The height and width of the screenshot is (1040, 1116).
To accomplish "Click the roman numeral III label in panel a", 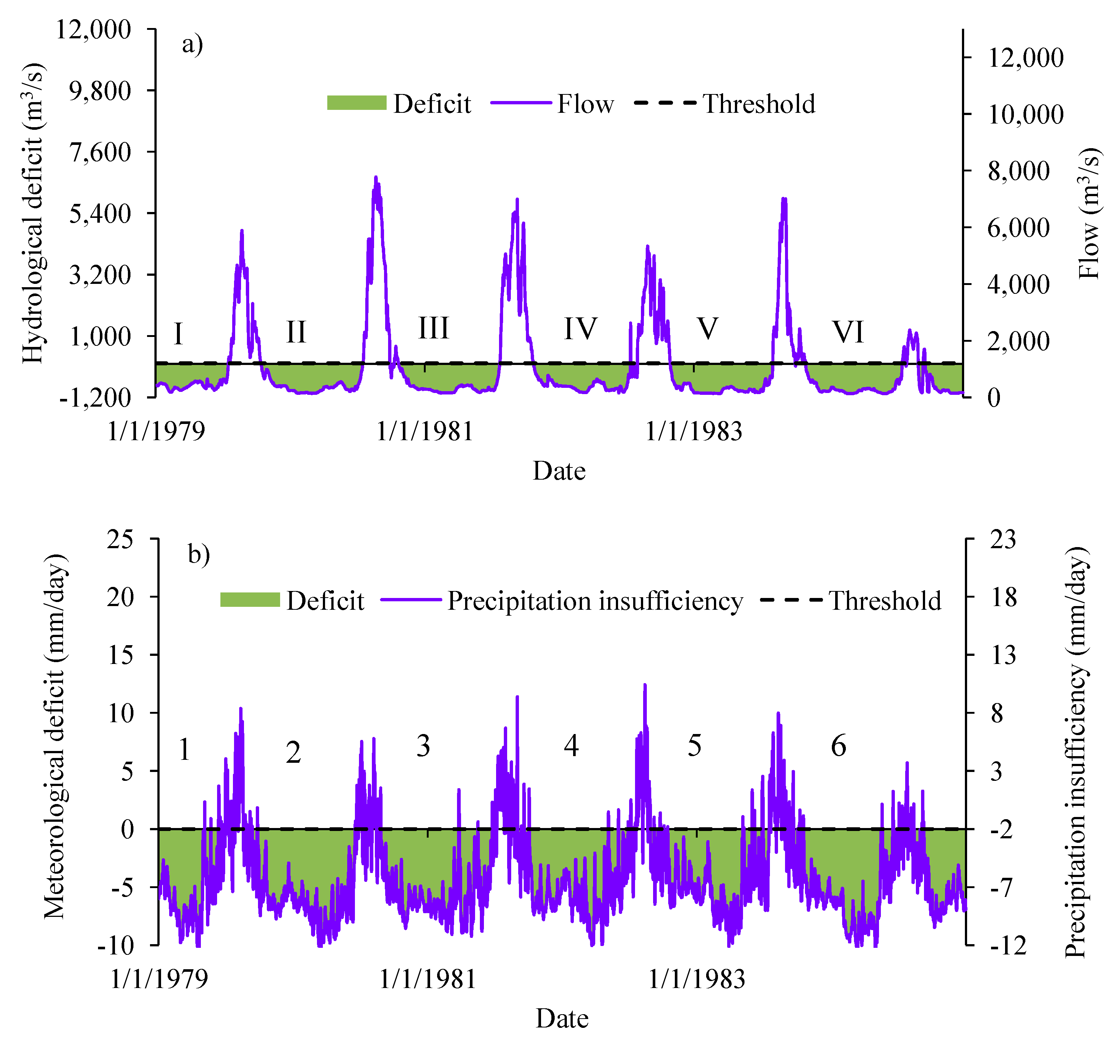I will coord(433,328).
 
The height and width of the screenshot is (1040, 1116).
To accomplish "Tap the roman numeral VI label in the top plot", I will coord(848,331).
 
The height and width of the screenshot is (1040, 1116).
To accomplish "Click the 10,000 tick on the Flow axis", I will coord(1025,115).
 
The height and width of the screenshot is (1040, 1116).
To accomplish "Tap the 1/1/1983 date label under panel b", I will coord(696,979).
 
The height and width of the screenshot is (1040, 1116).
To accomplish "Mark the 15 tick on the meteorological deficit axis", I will coord(120,655).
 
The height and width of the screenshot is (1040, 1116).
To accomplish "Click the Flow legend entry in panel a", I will coord(585,104).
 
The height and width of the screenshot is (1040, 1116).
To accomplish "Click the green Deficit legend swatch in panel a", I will coord(356,103).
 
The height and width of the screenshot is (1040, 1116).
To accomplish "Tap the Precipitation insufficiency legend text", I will coord(595,601).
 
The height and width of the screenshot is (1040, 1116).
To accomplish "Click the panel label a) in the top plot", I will coord(192,44).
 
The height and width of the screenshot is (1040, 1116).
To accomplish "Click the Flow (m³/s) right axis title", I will coord(1089,213).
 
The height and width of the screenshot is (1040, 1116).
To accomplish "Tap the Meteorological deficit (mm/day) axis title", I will coord(55,735).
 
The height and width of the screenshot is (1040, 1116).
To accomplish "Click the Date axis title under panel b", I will coord(562,1019).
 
